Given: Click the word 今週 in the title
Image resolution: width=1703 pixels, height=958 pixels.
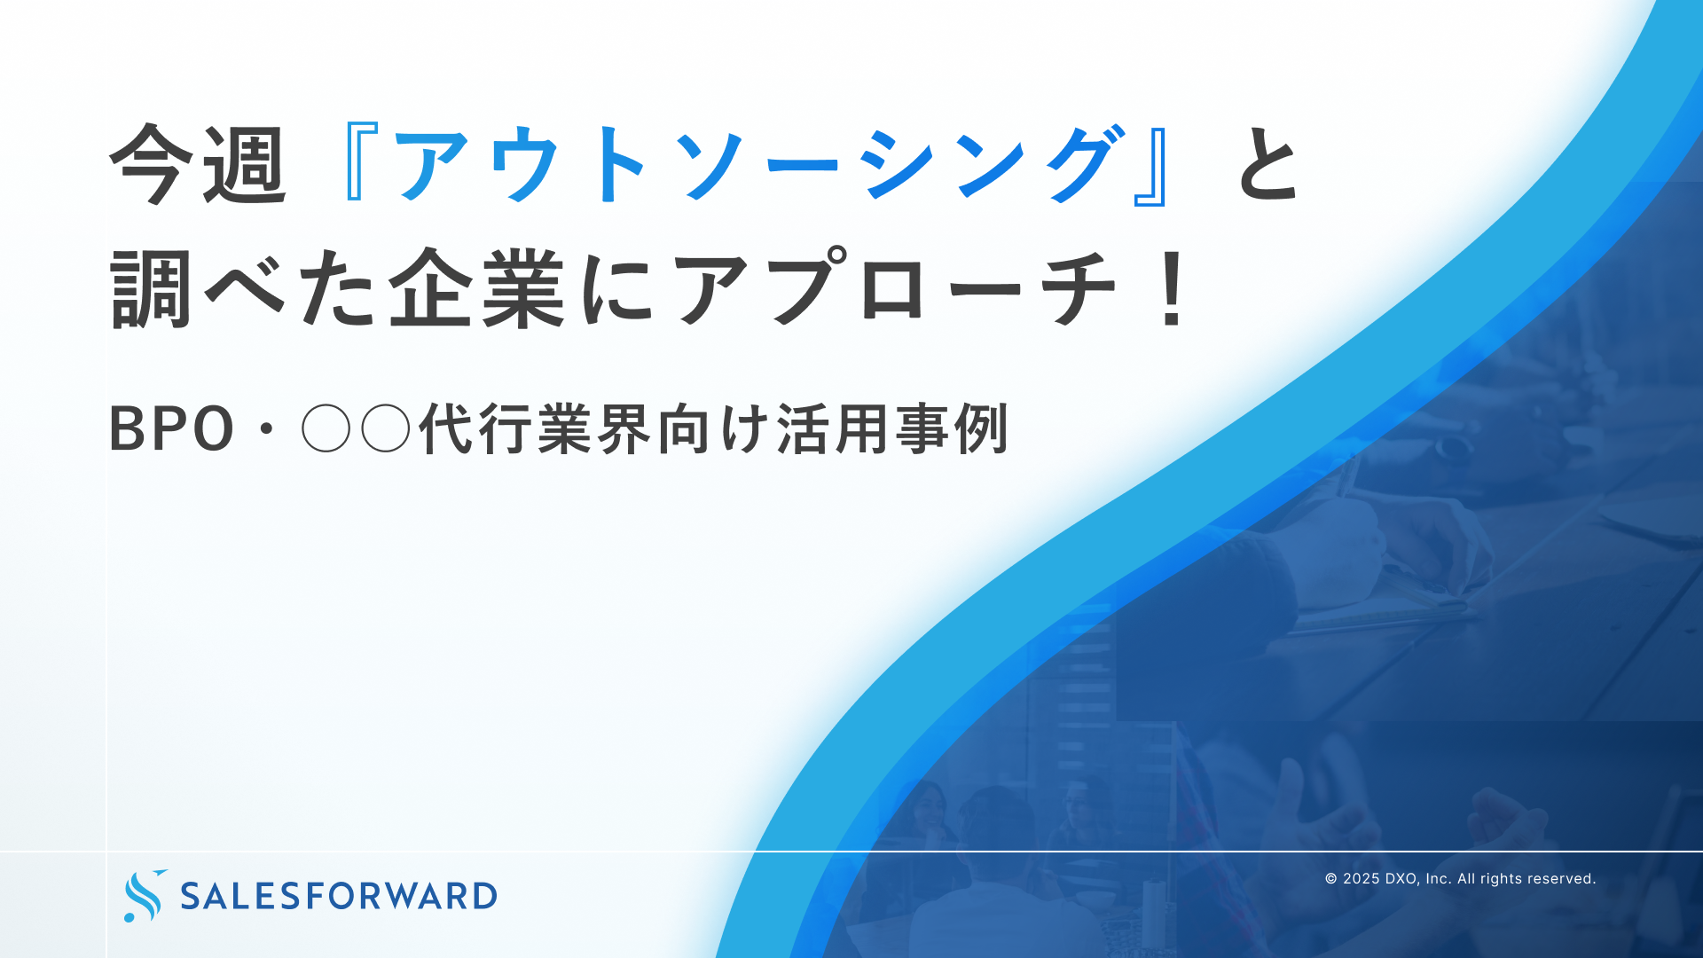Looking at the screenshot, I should coord(198,165).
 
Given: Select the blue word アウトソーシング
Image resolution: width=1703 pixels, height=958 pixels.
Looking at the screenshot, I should coord(754,165).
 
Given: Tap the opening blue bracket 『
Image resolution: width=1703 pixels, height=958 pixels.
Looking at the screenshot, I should coord(358,165).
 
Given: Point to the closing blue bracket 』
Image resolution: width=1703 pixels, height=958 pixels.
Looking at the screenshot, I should coord(1150,165).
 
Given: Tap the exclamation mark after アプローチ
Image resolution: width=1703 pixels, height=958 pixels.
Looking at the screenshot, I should coord(1173,289).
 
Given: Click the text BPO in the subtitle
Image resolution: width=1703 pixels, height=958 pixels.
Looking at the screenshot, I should coord(171,430).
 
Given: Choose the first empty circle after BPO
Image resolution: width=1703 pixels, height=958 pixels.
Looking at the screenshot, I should coord(326,430).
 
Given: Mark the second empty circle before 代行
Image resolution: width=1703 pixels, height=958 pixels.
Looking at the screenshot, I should coord(386,430).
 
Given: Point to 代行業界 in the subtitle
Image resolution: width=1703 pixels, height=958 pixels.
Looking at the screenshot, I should coord(536,430).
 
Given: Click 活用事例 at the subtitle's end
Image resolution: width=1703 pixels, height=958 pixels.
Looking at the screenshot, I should coord(892,430).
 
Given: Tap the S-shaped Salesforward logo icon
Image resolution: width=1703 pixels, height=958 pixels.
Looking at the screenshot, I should coord(144,896).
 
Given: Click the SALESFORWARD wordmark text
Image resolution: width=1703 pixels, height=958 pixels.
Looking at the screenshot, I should coord(339,896).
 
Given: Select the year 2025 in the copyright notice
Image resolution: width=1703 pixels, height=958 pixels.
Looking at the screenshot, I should coord(1361,879).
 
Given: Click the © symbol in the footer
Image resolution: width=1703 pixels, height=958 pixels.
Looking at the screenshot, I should coord(1330,879).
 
